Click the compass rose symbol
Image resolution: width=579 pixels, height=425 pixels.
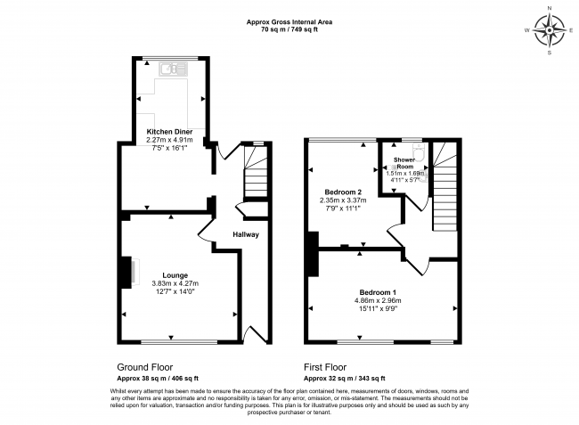click(550, 34)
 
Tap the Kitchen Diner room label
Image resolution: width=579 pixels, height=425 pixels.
click(169, 130)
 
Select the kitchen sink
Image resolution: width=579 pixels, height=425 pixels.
click(167, 68)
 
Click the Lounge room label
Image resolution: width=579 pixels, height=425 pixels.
click(175, 274)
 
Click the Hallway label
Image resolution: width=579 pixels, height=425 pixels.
click(246, 235)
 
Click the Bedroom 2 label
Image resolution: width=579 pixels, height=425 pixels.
click(342, 192)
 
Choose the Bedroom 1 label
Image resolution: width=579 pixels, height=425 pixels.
click(378, 293)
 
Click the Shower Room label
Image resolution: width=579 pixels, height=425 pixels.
click(405, 163)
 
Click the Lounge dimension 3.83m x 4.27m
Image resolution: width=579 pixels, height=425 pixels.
click(175, 283)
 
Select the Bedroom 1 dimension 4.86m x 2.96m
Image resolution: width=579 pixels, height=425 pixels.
click(378, 301)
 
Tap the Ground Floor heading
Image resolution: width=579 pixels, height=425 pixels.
click(145, 366)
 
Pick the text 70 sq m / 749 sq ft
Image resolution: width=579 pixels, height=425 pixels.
click(289, 29)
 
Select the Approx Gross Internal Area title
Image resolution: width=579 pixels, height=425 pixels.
click(289, 22)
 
